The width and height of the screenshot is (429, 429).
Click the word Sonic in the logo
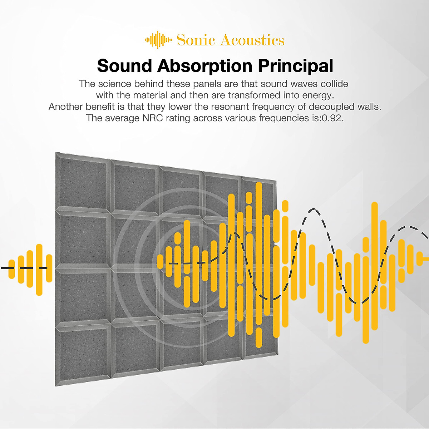tap(196, 40)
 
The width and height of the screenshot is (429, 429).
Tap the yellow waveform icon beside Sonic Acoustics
tap(158, 40)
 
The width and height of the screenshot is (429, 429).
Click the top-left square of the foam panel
tap(83, 181)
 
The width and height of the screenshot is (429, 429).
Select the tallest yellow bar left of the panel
tap(39, 270)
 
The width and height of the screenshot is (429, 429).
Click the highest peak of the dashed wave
tap(314, 209)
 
